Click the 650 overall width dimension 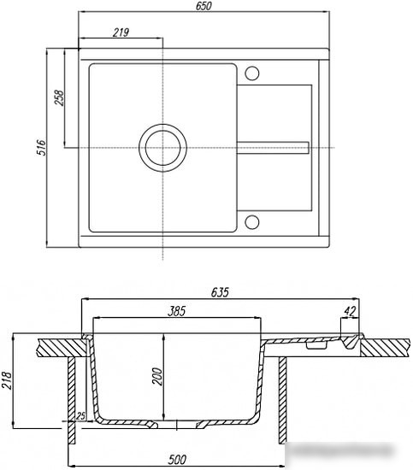pos(204,6)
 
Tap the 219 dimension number pos(121,32)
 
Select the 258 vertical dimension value pos(59,97)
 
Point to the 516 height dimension pos(41,147)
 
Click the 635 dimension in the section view pos(220,292)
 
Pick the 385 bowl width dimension pos(176,311)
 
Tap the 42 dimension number pos(350,312)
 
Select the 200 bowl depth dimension pos(157,377)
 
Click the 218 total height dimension pos(7,380)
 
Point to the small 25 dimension pos(80,416)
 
